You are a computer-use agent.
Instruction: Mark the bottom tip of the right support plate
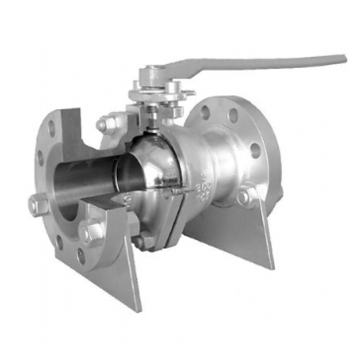pyautogui.click(x=271, y=267)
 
